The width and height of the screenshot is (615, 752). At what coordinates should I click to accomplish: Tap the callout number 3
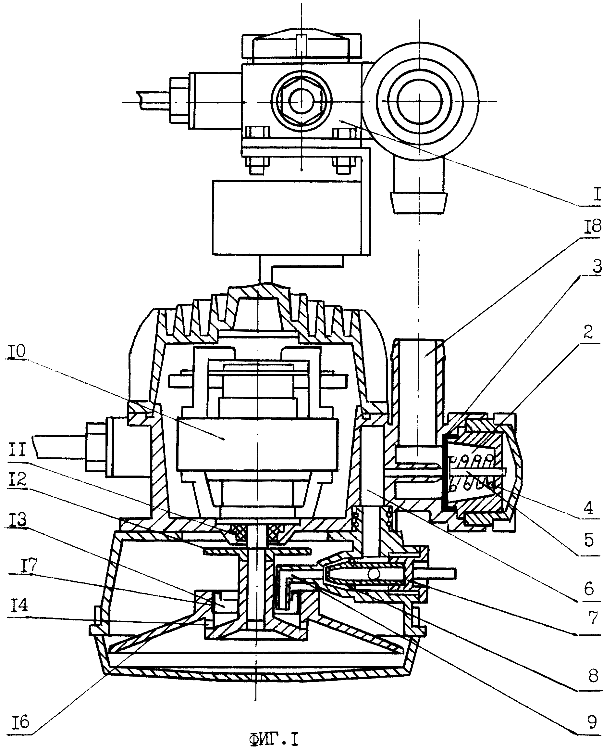597,267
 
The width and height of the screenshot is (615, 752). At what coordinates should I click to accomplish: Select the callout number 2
588,333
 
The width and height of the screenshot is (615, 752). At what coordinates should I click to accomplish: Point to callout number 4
588,509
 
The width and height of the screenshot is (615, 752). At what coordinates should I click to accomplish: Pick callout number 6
589,589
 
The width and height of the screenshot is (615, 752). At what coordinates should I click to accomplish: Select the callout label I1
16,451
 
